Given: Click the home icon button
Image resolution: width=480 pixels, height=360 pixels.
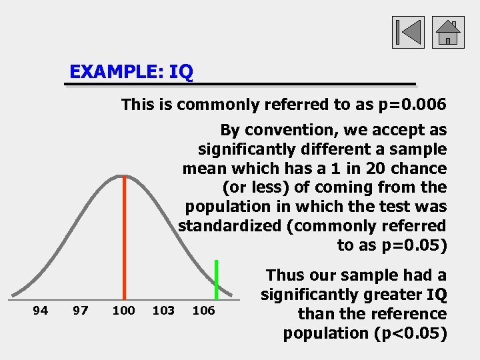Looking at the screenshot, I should click(x=448, y=32).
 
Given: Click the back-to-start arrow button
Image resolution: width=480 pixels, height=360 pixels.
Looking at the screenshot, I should click(x=408, y=32).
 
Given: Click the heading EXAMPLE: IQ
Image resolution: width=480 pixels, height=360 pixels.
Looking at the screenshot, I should click(x=131, y=71).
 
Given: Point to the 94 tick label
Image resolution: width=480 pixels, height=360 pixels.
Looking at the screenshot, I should click(x=41, y=310).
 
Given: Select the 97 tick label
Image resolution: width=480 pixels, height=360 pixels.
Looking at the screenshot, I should click(x=81, y=310).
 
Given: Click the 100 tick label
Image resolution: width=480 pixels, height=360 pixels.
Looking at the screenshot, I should click(x=123, y=310).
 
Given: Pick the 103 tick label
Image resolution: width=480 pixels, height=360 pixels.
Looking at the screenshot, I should click(x=163, y=310).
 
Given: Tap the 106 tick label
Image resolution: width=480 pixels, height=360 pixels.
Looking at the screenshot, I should click(x=203, y=310).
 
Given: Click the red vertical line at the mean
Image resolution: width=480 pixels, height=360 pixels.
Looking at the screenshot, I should click(x=123, y=233).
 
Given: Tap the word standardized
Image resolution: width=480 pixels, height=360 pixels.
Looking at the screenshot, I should click(x=230, y=226).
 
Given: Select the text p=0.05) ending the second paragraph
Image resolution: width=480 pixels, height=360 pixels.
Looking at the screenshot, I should click(x=412, y=245).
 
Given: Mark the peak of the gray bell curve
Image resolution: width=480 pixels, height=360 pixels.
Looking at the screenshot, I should click(x=122, y=176).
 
